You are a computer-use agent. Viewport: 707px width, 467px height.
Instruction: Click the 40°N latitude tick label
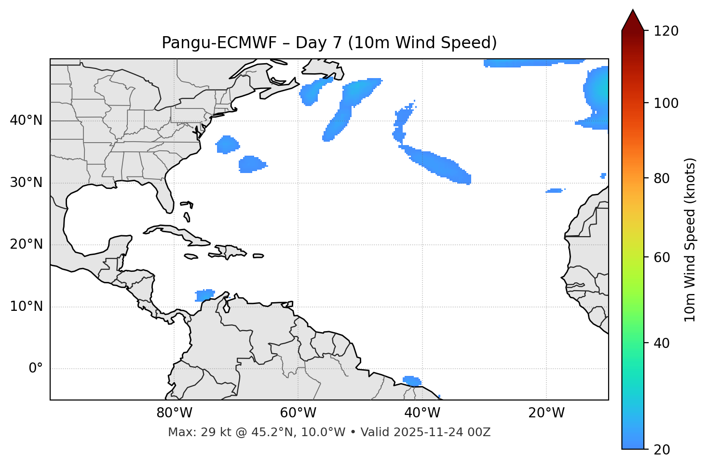click(26, 120)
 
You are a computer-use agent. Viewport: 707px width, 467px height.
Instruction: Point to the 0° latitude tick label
click(35, 369)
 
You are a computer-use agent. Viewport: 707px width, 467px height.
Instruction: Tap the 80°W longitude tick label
click(174, 413)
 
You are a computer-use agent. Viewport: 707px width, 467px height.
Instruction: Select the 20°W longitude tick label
click(546, 413)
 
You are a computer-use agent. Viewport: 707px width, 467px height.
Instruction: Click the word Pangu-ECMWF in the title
click(219, 43)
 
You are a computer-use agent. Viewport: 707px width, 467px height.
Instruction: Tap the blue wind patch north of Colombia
click(204, 295)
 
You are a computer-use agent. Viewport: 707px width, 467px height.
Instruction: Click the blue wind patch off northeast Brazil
click(412, 381)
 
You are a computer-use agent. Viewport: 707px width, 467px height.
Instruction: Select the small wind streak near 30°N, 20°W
click(555, 191)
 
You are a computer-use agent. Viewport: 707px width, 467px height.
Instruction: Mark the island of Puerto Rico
click(258, 256)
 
